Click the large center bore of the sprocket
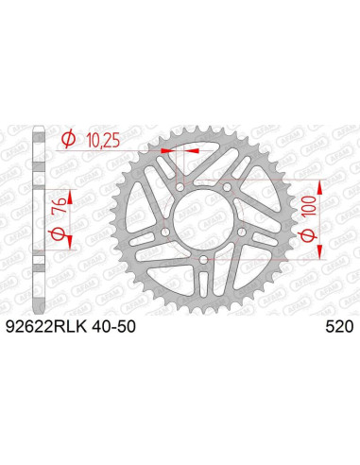pos(204,216)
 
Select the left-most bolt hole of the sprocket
pos(163,231)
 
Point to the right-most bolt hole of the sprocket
pos(245,231)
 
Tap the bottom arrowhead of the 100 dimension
pos(320,253)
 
